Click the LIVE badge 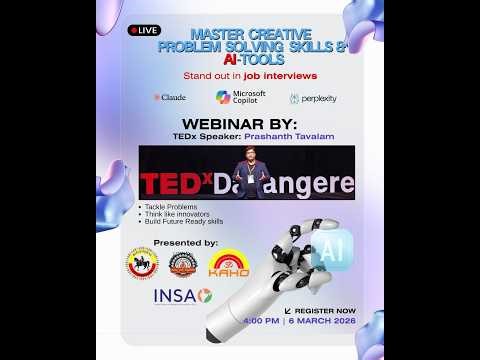point(144,31)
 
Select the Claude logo point(170,98)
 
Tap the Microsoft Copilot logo point(240,97)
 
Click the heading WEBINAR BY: point(239,123)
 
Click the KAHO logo point(228,265)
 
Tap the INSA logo point(182,297)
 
